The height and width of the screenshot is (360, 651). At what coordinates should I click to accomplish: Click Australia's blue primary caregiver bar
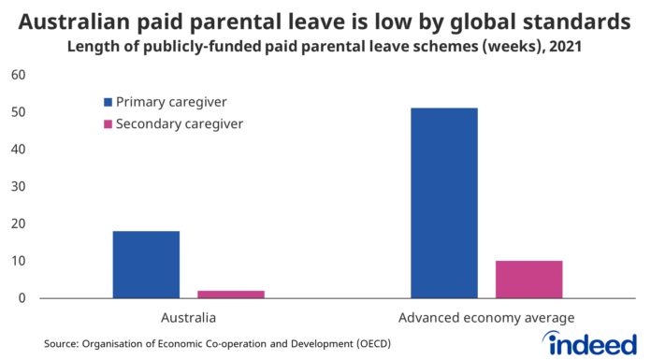click(x=146, y=265)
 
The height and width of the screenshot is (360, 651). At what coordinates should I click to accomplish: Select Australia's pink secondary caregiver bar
click(x=231, y=295)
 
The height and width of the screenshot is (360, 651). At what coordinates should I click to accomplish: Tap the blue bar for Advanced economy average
click(x=443, y=203)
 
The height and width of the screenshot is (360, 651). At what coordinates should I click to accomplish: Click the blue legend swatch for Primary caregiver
click(x=108, y=101)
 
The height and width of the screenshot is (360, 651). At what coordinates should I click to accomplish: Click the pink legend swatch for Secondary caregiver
click(x=108, y=123)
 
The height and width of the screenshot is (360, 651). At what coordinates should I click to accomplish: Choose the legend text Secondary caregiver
click(x=180, y=123)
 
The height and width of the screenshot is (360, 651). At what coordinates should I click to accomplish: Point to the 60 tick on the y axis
click(x=19, y=75)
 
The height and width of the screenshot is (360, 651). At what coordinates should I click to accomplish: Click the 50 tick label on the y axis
click(x=19, y=112)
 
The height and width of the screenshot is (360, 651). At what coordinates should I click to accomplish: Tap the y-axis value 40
click(x=19, y=150)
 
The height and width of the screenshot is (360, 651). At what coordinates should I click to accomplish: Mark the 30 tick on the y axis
click(x=19, y=187)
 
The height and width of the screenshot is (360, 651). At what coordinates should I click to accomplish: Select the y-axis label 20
click(x=19, y=224)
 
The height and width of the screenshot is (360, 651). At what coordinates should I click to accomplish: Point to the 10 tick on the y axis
click(x=19, y=261)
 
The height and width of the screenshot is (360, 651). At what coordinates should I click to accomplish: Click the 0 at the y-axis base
click(x=22, y=298)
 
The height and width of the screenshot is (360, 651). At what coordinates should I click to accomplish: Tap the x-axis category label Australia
click(x=188, y=318)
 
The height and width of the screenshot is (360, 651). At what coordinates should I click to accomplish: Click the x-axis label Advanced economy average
click(x=486, y=318)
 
